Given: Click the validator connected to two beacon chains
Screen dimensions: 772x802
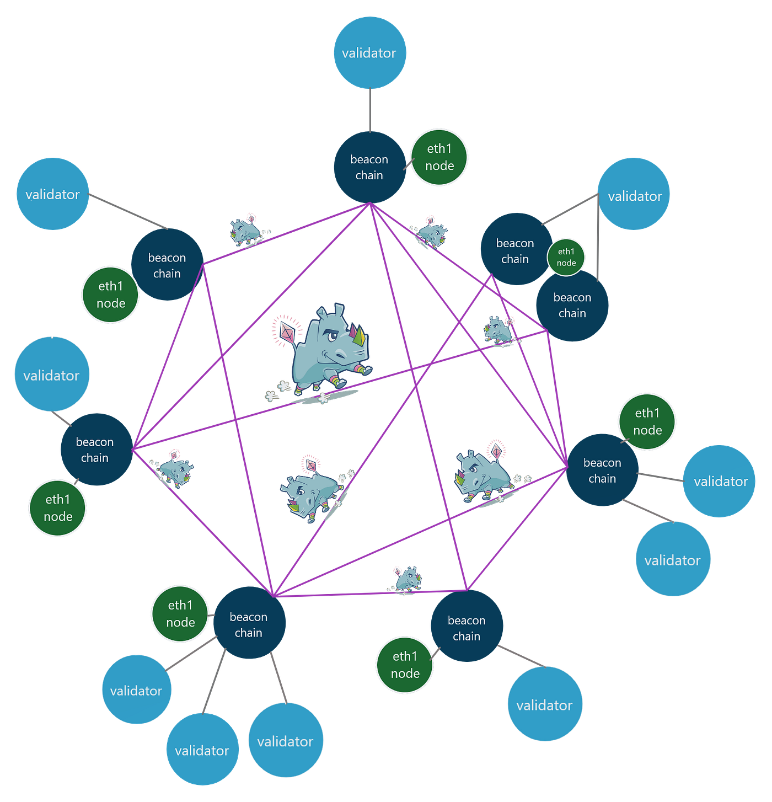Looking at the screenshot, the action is (634, 194).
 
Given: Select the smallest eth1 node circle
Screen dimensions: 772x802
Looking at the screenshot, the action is (566, 257).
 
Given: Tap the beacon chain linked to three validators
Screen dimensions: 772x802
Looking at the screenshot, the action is (249, 622).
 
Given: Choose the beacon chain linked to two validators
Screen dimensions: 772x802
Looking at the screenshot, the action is (602, 470).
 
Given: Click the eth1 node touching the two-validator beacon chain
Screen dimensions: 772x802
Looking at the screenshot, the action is (647, 421).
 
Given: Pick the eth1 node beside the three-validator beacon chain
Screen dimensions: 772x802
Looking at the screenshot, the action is (180, 614).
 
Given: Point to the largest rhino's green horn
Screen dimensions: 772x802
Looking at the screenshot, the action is (358, 335).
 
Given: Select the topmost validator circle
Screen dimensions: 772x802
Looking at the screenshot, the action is (370, 53).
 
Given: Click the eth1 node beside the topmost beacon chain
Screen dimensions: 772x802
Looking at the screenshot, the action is (439, 157).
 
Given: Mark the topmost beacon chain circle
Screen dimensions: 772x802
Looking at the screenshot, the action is (370, 167).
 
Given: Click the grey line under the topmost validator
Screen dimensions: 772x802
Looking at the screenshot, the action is (370, 110).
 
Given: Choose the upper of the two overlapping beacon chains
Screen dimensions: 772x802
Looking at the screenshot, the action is (517, 249).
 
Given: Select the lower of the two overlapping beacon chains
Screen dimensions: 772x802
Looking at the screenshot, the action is (572, 306).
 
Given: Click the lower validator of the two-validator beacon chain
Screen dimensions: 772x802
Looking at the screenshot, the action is (673, 559).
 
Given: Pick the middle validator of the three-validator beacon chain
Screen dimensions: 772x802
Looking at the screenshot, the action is (203, 749).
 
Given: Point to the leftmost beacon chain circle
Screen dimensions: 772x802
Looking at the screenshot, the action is (97, 449).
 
